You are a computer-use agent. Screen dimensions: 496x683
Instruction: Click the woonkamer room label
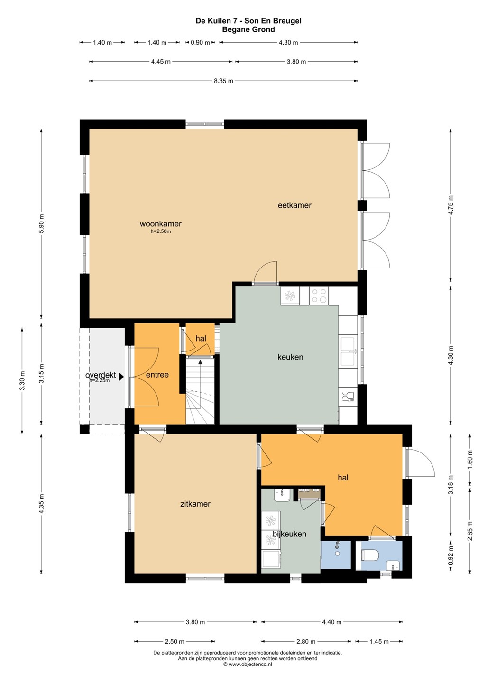coord(160,223)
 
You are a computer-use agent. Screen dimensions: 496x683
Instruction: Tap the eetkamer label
coord(294,205)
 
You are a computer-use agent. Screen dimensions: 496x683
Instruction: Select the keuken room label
coord(290,357)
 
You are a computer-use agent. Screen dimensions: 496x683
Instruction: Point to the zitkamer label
coord(195,504)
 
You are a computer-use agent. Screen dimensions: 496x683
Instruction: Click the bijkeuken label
coord(289,534)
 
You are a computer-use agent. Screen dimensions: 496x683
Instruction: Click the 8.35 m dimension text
coord(223,81)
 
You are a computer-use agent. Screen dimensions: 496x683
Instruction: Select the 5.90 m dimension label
coord(41,223)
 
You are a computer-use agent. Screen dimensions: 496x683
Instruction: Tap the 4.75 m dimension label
coord(450,205)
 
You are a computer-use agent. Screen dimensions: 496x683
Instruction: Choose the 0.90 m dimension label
coord(200,42)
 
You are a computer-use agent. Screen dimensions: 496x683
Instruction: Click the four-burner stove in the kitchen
coord(319,295)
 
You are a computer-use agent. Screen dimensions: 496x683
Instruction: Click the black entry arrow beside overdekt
coord(121,377)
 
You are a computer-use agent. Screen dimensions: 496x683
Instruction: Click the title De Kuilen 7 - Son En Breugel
coord(248,21)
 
